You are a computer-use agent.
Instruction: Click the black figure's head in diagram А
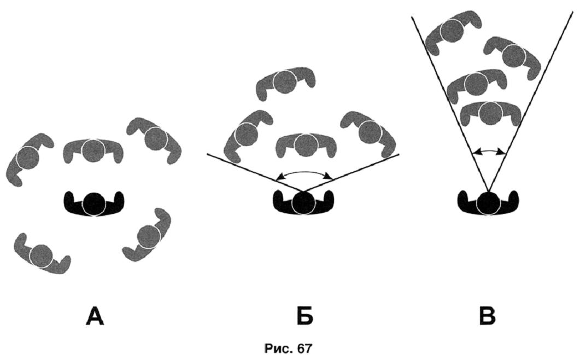pos(94,203)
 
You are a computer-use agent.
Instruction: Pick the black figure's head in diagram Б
pos(303,203)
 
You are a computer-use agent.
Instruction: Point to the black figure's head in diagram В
pos(488,203)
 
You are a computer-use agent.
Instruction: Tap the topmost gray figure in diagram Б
pos(285,83)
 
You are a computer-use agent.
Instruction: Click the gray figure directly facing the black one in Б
pos(304,144)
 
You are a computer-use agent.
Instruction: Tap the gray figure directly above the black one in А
pos(93,148)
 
